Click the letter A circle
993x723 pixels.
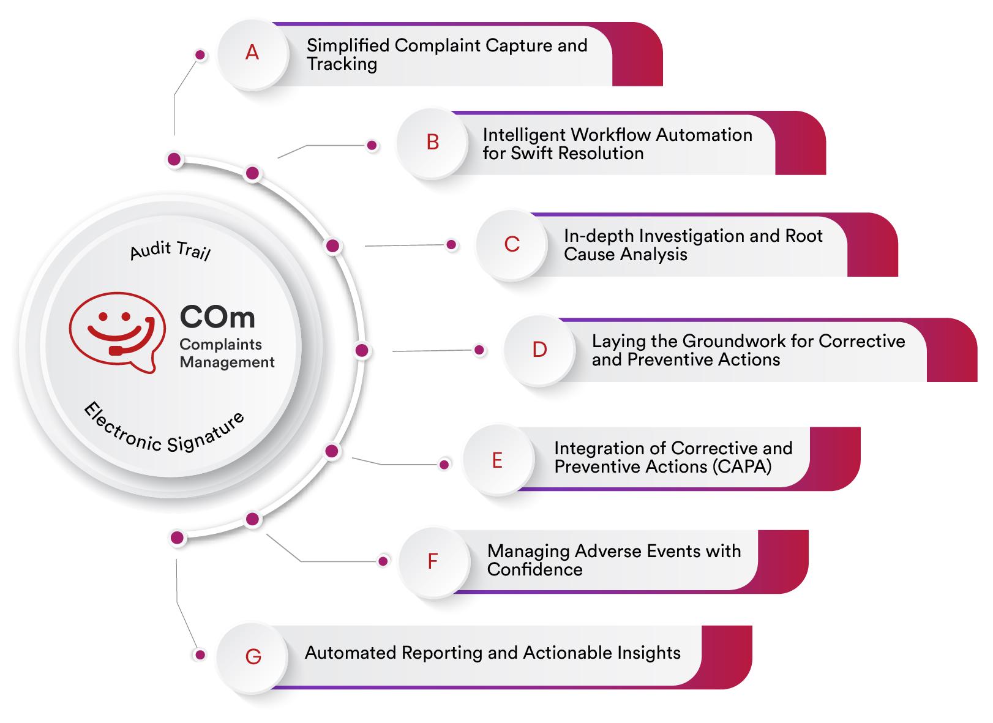point(252,54)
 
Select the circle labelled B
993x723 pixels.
point(432,143)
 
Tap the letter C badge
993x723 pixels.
point(512,244)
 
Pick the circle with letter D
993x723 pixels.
point(539,350)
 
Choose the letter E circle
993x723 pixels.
point(497,460)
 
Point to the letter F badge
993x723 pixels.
point(433,561)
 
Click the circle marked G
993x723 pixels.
point(253,657)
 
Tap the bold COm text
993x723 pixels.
point(217,317)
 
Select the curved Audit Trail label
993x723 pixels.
point(170,250)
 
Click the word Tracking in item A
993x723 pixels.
point(342,64)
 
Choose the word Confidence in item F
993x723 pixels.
point(534,570)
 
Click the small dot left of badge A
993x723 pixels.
point(200,55)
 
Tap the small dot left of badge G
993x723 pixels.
point(199,655)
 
